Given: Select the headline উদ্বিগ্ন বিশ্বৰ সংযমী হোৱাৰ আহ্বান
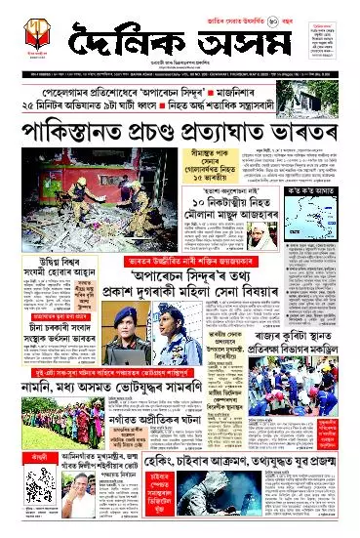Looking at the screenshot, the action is click(47, 263).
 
